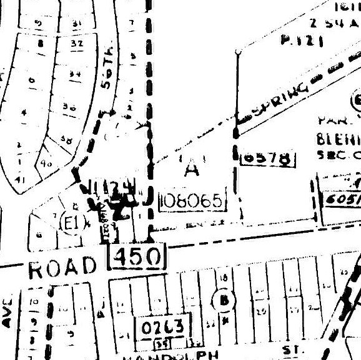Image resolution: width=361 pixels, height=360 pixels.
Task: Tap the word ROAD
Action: tap(64, 268)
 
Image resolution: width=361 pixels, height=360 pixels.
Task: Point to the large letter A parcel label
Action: tap(191, 169)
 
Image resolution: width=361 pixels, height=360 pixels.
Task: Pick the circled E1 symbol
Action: tap(71, 222)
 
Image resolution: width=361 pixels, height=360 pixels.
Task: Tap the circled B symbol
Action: tap(223, 299)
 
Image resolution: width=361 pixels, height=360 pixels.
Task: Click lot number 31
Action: tap(77, 23)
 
